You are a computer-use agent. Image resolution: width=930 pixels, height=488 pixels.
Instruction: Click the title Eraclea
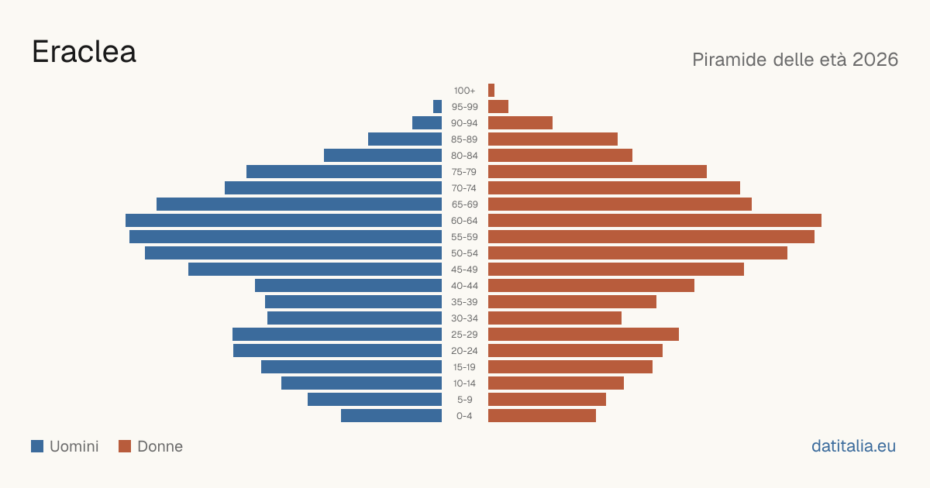point(84,53)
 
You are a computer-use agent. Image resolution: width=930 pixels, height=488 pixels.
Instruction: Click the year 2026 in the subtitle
point(875,60)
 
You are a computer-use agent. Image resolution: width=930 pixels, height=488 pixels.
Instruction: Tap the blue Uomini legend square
point(37,446)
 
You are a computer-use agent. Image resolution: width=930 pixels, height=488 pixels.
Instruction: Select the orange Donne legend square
point(125,446)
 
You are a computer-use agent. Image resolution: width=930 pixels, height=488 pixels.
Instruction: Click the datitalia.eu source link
point(853,446)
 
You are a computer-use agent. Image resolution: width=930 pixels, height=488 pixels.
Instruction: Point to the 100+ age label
point(464,91)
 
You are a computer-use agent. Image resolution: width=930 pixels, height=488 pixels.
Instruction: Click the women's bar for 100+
point(491,90)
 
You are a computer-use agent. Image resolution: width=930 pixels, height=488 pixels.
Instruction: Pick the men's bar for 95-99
point(437,106)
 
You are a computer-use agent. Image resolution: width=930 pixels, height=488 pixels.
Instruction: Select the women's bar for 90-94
point(520,123)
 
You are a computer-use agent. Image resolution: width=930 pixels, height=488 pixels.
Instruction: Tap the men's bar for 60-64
point(284,220)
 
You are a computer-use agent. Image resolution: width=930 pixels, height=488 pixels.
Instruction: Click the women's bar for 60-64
point(655,220)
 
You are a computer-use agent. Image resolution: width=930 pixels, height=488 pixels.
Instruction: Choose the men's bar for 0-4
point(391,415)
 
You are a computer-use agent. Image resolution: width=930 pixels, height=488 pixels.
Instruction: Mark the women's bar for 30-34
point(555,318)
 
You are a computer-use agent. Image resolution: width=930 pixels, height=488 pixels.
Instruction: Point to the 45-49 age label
point(464,270)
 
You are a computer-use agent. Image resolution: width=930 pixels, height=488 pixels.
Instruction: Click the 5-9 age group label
point(464,400)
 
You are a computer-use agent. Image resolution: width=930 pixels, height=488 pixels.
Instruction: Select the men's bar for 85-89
point(405,139)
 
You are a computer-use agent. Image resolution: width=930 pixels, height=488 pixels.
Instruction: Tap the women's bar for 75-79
point(598,171)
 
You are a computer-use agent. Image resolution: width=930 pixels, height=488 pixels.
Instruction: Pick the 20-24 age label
point(464,351)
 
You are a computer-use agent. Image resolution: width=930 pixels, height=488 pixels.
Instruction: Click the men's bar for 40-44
point(348,286)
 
